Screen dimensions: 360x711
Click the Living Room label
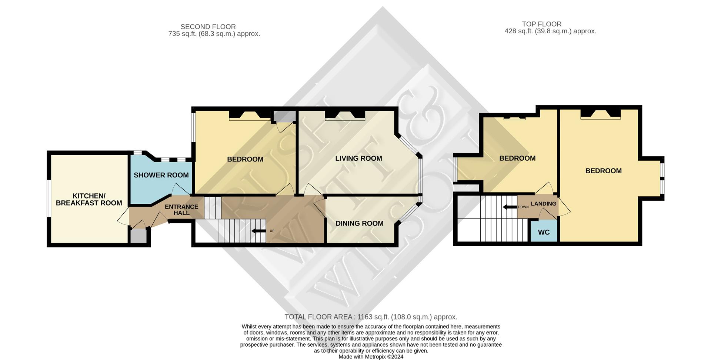coord(358,159)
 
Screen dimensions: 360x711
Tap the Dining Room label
coord(359,223)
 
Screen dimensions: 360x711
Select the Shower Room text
coord(161,175)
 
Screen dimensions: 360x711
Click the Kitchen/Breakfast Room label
coord(89,200)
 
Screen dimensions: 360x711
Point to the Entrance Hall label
coord(181,210)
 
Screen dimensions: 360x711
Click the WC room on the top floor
coord(544,232)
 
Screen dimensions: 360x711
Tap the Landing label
coord(543,204)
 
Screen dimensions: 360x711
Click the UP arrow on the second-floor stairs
coord(259,231)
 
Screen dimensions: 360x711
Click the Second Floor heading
coord(208,27)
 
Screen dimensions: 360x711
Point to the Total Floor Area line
coord(371,317)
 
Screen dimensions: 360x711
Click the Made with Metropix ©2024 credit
coord(371,357)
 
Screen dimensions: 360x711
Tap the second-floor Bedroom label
coord(245,159)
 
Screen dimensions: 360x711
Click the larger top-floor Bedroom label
coord(603,171)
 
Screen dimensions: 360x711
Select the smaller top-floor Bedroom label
coord(517,159)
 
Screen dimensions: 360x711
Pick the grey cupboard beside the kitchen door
coord(138,236)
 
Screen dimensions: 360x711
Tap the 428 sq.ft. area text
coord(550,31)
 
